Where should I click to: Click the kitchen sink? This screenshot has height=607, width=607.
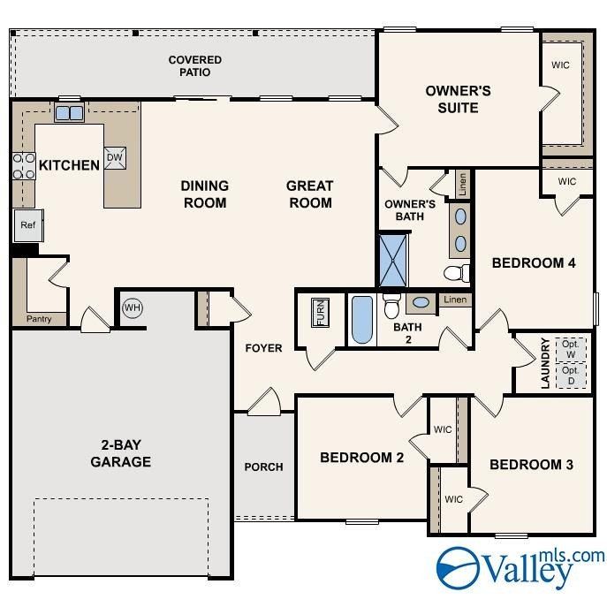[x=69, y=112]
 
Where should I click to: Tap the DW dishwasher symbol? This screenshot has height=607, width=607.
[x=115, y=158]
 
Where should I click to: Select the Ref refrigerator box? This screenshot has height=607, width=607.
[x=28, y=225]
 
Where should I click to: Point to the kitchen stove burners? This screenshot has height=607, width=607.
[x=24, y=166]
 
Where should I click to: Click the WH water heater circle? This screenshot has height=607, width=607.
[x=133, y=307]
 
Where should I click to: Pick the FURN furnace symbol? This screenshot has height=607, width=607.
[x=321, y=313]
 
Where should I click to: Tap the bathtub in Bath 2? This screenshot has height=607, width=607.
[x=362, y=320]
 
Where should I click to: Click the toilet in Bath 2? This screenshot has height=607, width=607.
[x=391, y=304]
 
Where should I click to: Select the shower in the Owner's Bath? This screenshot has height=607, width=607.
[x=393, y=260]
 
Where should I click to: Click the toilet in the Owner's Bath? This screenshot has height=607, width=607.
[x=457, y=273]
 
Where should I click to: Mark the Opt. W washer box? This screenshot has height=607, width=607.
[x=571, y=350]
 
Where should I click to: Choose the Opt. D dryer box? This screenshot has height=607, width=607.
[x=571, y=376]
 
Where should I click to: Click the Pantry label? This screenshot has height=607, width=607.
[x=39, y=319]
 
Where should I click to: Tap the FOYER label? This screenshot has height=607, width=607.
[x=263, y=348]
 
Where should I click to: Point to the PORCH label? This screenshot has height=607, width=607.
[x=263, y=467]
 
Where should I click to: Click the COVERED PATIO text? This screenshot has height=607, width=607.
[x=195, y=65]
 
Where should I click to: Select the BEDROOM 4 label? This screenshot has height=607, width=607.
[x=534, y=262]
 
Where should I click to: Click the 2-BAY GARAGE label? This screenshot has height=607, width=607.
[x=121, y=453]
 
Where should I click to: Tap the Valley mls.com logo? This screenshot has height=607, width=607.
[x=520, y=567]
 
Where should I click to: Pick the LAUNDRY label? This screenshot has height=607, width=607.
[x=545, y=363]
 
